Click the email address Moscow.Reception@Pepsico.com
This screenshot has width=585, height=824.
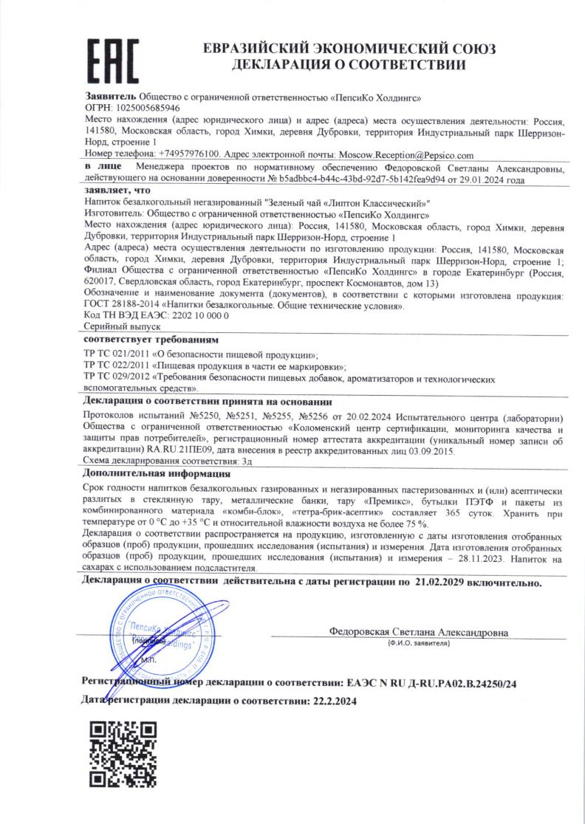coord(405,155)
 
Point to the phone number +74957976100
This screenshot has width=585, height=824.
coord(188,155)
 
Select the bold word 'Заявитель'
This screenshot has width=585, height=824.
coord(111,97)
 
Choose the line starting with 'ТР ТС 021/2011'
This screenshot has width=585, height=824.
coord(202,354)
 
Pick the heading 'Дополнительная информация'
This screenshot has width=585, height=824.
coord(157,473)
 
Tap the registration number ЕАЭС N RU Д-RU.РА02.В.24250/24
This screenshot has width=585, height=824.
coord(428,684)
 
